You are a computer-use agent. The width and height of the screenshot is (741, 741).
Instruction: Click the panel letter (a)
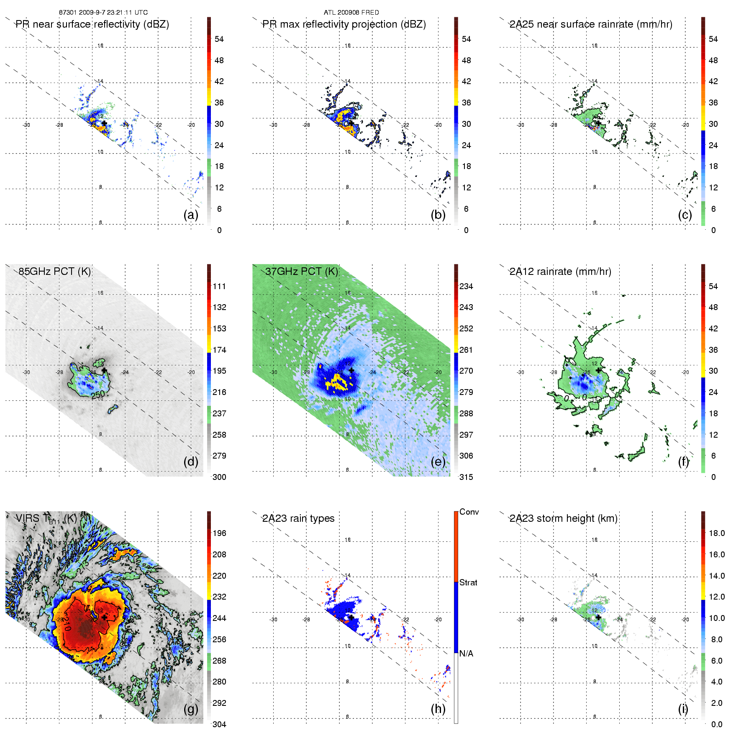pos(190,215)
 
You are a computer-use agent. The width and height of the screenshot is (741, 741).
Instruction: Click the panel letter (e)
pos(438,462)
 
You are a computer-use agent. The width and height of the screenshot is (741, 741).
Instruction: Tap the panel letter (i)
pos(683,709)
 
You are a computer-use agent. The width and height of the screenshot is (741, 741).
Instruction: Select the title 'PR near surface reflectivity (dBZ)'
pos(92,24)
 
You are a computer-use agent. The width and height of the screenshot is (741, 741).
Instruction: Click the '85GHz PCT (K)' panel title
pos(54,272)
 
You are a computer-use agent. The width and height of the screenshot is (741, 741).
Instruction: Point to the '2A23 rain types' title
pos(298,518)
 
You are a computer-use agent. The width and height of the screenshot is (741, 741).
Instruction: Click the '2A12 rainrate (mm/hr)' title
pos(560,272)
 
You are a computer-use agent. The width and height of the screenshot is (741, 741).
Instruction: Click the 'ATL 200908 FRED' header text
pos(351,13)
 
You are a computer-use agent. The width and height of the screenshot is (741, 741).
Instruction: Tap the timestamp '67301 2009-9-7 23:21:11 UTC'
pos(103,13)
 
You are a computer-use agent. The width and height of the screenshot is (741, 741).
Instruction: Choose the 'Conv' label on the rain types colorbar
pos(469,512)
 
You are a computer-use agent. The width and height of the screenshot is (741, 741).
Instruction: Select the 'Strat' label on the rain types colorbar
pos(468,582)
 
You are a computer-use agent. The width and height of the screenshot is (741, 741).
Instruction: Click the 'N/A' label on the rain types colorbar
pos(466,654)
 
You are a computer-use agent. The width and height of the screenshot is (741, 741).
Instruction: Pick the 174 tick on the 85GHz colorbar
pos(219,350)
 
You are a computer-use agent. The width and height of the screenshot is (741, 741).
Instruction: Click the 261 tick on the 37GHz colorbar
pos(466,350)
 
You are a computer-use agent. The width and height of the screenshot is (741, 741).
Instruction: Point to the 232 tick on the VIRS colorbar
pos(219,597)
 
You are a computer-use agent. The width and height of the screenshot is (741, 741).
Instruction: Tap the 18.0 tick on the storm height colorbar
pos(716,533)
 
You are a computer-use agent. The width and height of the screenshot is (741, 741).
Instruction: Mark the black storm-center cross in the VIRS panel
pos(104,617)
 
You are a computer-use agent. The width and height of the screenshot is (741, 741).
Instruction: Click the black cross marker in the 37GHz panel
pos(351,370)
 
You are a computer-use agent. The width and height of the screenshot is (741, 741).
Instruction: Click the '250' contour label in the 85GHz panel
pos(98,394)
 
